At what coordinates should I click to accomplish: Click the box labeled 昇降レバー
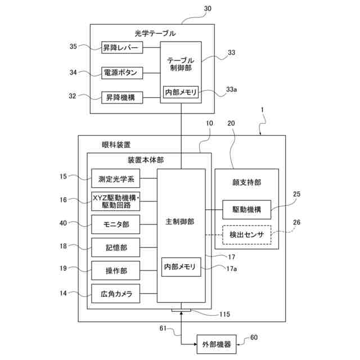122,47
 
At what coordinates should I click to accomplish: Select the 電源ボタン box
122,73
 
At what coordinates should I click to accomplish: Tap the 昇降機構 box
122,97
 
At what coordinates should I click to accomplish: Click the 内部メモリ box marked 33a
181,92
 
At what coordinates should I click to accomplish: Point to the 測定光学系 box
116,178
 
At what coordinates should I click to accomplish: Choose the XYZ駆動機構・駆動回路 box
116,201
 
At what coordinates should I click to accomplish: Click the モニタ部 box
116,224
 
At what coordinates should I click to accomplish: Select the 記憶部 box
116,247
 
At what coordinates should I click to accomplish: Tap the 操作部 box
116,271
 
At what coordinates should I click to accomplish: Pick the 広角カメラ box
116,294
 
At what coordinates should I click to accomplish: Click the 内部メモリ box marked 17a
181,267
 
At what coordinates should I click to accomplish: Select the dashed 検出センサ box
247,235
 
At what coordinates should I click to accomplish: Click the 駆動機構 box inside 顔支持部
247,210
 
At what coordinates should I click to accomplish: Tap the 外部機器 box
217,344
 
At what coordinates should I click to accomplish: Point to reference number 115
224,314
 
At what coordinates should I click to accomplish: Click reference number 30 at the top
208,8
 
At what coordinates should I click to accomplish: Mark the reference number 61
163,328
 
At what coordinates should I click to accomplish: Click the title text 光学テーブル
155,34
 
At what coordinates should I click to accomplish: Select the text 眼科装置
116,145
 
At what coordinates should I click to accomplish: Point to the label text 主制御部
180,222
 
